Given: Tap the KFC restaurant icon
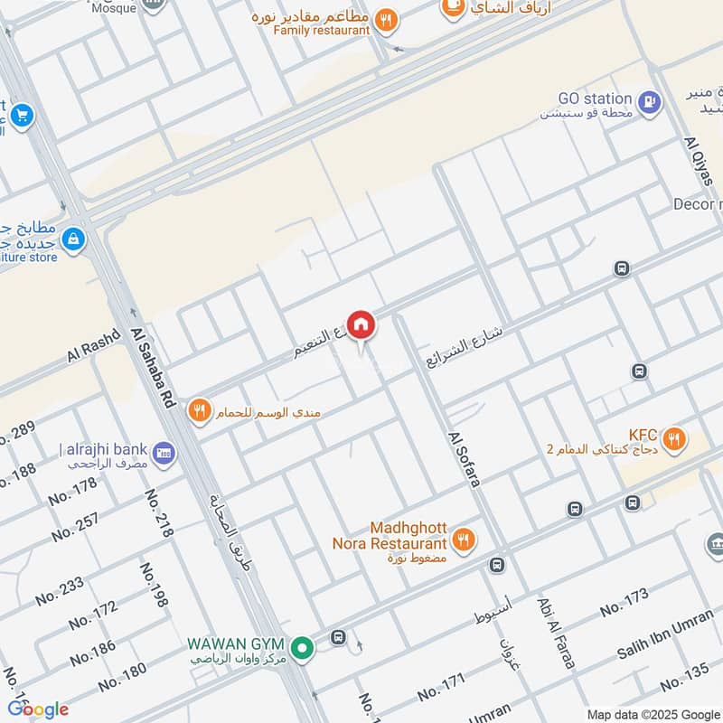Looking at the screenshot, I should [x=672, y=440].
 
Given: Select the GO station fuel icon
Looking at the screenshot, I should [x=648, y=104].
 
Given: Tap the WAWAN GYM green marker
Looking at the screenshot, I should [x=303, y=647].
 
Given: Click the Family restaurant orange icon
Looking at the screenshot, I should [x=387, y=19].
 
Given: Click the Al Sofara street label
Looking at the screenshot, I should [x=463, y=459].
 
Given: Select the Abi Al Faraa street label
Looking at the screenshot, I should [x=555, y=633].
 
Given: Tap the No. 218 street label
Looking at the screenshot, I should [x=159, y=514].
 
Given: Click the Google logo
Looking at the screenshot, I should [x=38, y=709].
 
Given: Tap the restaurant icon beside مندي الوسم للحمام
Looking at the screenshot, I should [x=200, y=410].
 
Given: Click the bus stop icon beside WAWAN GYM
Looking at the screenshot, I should [x=338, y=637].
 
